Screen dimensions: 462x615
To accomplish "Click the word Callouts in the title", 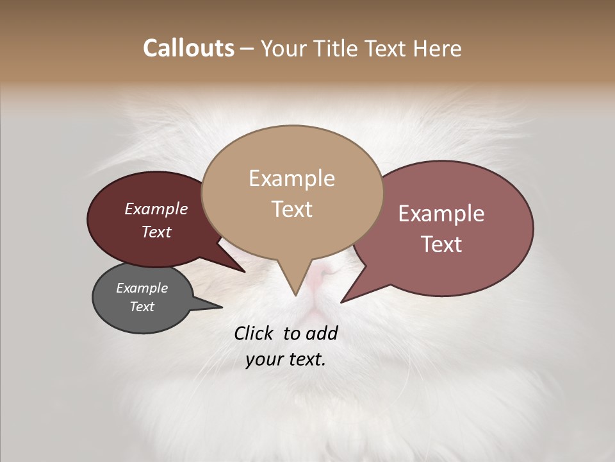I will (x=188, y=48).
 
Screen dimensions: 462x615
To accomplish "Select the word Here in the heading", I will (x=438, y=48).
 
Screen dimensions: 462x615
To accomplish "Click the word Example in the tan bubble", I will (x=292, y=178).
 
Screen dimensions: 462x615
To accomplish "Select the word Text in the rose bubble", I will (x=442, y=244).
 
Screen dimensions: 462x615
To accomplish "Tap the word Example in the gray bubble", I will (x=142, y=288).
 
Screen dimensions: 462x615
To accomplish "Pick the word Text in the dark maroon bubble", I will (x=156, y=232).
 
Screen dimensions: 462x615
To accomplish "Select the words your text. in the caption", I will (x=286, y=359).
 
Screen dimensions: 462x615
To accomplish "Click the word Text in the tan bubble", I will (x=292, y=209).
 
